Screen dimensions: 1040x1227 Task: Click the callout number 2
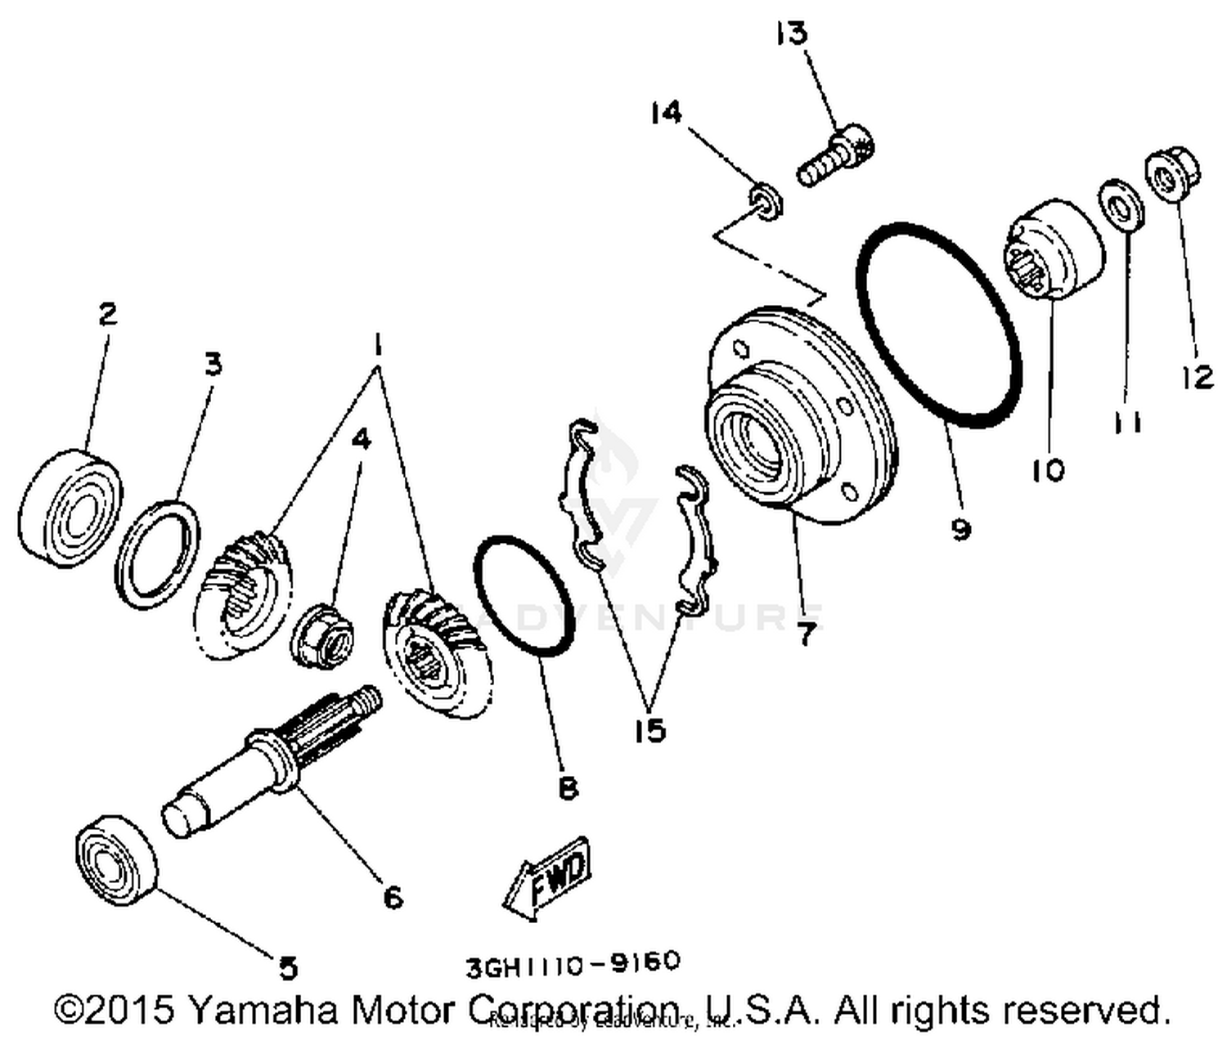[107, 313]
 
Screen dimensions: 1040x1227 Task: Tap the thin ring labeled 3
[157, 554]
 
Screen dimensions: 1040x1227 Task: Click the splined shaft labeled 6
[270, 760]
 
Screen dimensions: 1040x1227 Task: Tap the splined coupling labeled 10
[1054, 249]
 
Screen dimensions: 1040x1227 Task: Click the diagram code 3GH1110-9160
[573, 965]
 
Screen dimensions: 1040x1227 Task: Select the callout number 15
[649, 730]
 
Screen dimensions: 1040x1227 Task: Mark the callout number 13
[791, 34]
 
